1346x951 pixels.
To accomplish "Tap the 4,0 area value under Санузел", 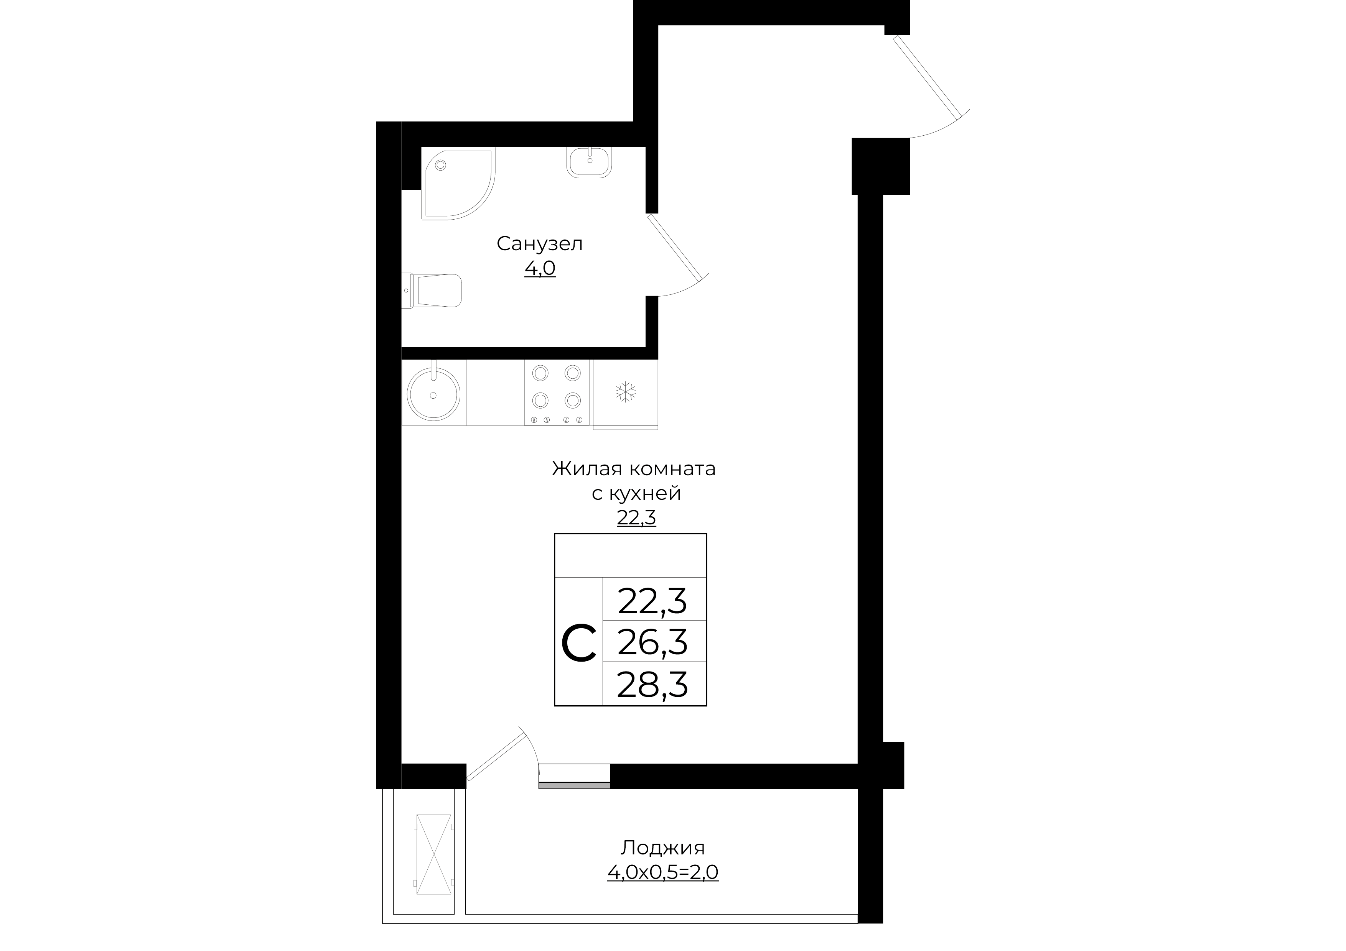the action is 540,268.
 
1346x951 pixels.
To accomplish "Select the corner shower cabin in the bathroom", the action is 458,183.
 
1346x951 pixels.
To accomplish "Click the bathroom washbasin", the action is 589,162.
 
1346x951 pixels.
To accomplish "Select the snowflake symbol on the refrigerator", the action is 626,392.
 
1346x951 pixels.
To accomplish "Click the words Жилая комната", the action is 634,469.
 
